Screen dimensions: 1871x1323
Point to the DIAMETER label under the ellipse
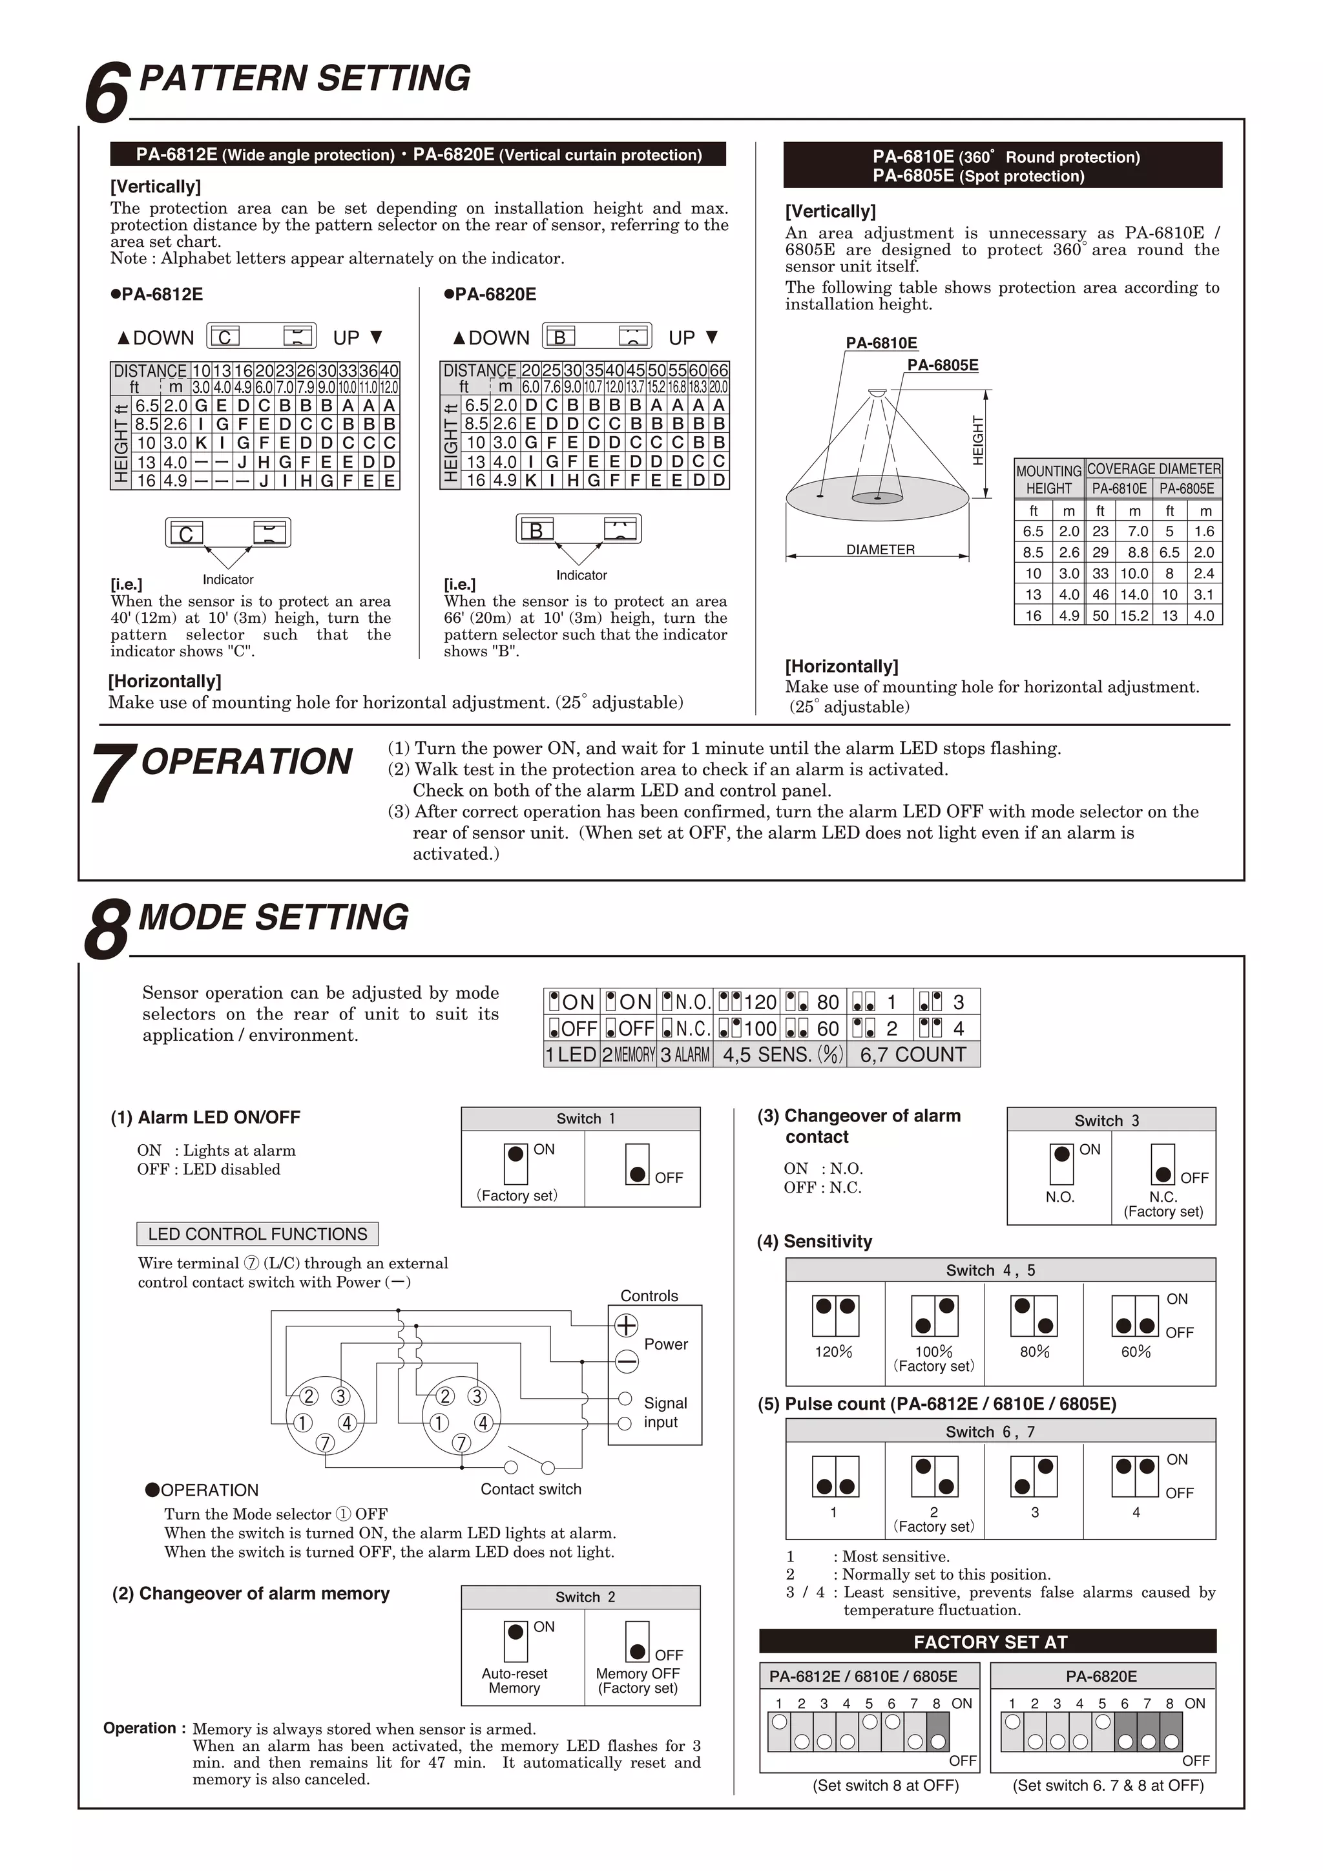coord(880,550)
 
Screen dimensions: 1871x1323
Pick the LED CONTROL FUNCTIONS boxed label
coord(258,1234)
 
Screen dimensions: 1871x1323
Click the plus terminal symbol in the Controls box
coord(626,1326)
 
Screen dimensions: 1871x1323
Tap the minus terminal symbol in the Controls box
coord(626,1361)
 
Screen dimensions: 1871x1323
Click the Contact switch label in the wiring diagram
coord(530,1489)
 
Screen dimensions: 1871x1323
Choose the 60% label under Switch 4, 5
coord(1136,1352)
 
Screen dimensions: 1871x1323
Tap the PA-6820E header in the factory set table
coord(1101,1677)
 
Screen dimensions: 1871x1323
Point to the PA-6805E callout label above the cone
coord(943,365)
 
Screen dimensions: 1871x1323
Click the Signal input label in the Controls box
coord(665,1412)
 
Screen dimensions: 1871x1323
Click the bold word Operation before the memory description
coord(140,1728)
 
